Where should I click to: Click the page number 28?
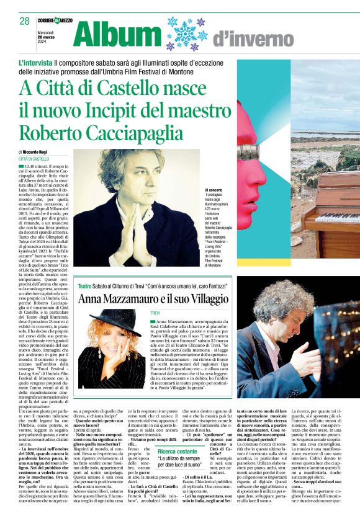[x=25, y=20]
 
